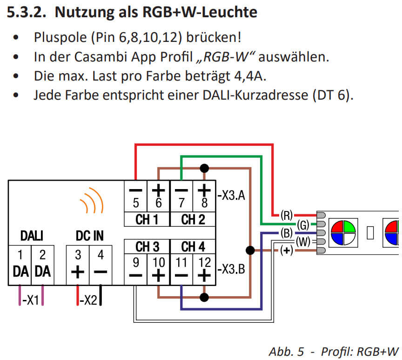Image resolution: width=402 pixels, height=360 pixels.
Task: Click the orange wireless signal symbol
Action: coord(91,201)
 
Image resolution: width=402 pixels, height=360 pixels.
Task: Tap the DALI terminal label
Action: coord(31,237)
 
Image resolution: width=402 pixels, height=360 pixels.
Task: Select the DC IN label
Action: coord(89,237)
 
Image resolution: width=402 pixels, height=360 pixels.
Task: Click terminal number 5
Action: coord(136,204)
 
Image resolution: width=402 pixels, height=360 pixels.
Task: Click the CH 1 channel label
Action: coord(147,220)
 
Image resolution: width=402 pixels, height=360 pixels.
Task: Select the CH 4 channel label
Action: coord(192,246)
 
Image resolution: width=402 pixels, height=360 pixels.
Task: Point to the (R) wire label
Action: coord(286,216)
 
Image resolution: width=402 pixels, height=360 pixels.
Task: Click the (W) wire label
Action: coord(303,242)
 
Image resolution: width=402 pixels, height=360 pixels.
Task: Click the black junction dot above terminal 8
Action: coord(203,167)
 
